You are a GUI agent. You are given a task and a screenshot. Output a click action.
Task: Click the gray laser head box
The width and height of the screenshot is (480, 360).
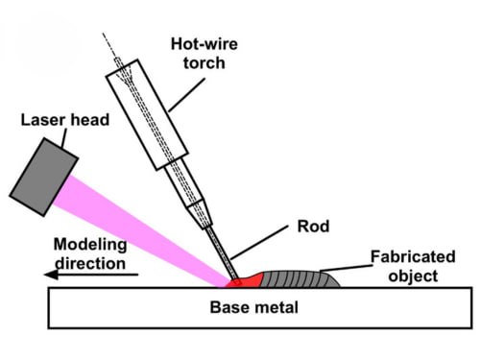coord(44,177)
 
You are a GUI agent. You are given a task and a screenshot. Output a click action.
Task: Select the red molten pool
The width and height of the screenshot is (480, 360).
coord(245,281)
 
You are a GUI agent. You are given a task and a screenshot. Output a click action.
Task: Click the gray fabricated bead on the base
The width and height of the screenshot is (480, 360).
coord(300,279)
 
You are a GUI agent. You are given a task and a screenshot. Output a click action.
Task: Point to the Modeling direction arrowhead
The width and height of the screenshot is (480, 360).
coord(51,275)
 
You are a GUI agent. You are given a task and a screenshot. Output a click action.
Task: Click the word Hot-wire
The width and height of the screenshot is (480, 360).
coord(204,44)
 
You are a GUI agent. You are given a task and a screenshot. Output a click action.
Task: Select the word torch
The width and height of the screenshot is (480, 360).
coord(204,62)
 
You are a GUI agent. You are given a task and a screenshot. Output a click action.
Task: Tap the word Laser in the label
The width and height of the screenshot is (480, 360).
coord(43,120)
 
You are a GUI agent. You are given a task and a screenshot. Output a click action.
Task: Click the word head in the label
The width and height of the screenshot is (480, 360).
coord(90,120)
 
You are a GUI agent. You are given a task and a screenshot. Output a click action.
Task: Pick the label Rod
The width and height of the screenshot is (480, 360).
coord(313,227)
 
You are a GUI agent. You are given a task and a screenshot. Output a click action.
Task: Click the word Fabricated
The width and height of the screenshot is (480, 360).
coord(413,256)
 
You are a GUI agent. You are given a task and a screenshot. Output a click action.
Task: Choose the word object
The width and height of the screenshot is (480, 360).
coord(413,276)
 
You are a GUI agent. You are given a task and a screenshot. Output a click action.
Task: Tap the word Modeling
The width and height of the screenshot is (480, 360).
coord(90,245)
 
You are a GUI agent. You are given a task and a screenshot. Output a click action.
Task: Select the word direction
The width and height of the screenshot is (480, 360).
coord(90,263)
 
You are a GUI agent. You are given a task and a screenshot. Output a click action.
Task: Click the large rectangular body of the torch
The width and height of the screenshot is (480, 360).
coord(147,114)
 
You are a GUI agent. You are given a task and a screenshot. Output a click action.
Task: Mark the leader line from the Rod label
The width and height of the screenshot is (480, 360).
coord(259,243)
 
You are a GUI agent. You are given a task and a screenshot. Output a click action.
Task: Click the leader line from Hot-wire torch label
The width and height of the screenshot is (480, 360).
coord(186,95)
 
